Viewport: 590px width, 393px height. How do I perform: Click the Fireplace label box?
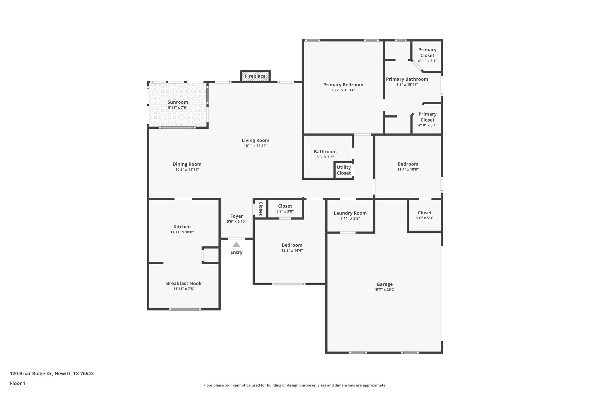pyautogui.click(x=255, y=76)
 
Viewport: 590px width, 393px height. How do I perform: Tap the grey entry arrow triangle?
pyautogui.click(x=237, y=244)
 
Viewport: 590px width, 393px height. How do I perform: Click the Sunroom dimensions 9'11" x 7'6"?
pyautogui.click(x=178, y=107)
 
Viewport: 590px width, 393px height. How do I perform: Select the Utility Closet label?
pyautogui.click(x=344, y=170)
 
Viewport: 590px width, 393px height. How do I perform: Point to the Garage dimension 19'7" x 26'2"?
pyautogui.click(x=385, y=290)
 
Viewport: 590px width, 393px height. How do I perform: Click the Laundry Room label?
pyautogui.click(x=350, y=213)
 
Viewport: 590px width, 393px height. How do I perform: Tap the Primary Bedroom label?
pyautogui.click(x=343, y=85)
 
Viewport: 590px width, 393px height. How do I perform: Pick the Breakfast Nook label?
pyautogui.click(x=184, y=283)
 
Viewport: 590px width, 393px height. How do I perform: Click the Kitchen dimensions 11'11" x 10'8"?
pyautogui.click(x=182, y=232)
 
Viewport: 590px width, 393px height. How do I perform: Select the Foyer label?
pyautogui.click(x=237, y=216)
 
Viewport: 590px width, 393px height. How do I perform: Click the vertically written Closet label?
pyautogui.click(x=261, y=209)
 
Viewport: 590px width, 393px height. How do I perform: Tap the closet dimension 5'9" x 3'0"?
pyautogui.click(x=285, y=211)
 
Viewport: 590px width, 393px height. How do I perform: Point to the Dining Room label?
pyautogui.click(x=187, y=164)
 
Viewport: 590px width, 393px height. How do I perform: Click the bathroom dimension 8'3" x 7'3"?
pyautogui.click(x=325, y=157)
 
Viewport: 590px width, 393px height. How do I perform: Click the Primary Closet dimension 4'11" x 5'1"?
pyautogui.click(x=427, y=61)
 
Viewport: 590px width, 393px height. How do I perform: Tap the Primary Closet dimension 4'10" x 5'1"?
pyautogui.click(x=427, y=125)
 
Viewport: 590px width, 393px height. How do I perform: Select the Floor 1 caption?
pyautogui.click(x=18, y=383)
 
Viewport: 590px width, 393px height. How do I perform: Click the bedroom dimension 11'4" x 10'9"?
pyautogui.click(x=408, y=169)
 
